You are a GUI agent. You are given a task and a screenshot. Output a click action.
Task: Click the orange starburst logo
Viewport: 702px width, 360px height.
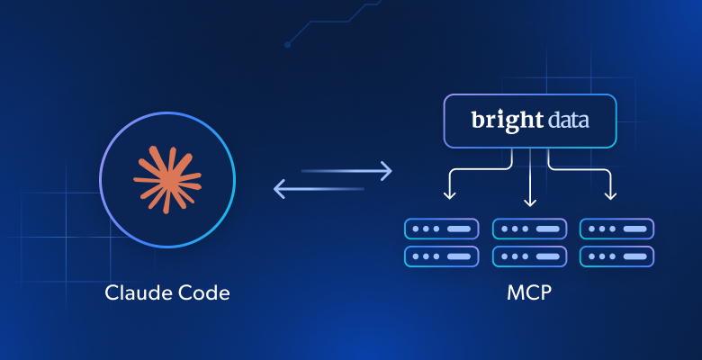[167, 179]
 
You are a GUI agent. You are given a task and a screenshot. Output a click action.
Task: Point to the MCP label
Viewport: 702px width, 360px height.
[530, 292]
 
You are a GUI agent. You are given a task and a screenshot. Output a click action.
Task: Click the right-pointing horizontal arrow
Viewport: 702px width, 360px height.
[347, 169]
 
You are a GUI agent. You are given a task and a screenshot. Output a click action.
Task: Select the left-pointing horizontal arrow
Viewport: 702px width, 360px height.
[319, 188]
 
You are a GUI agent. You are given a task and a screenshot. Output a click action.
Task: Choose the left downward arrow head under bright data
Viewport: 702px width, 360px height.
[449, 195]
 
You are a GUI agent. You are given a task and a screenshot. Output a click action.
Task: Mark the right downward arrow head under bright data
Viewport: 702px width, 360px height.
[611, 195]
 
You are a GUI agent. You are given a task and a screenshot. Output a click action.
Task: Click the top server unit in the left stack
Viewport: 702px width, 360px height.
[442, 229]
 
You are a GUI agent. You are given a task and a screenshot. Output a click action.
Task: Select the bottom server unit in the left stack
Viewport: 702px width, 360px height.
[442, 256]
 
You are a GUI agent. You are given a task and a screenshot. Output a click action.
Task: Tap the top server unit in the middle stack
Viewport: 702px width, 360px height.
[530, 229]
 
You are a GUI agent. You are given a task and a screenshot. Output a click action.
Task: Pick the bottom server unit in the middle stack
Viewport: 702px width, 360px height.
[530, 256]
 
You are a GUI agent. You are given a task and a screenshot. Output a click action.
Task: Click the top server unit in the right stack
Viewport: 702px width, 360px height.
[617, 229]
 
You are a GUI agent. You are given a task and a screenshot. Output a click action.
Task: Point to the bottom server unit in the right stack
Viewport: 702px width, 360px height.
[617, 256]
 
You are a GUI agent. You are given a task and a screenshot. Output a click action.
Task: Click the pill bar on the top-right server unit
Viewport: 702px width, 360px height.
[634, 229]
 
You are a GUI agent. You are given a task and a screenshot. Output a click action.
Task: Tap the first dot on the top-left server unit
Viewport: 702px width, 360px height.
[416, 229]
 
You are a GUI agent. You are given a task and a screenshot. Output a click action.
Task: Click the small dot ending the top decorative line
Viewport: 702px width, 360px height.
[287, 44]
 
